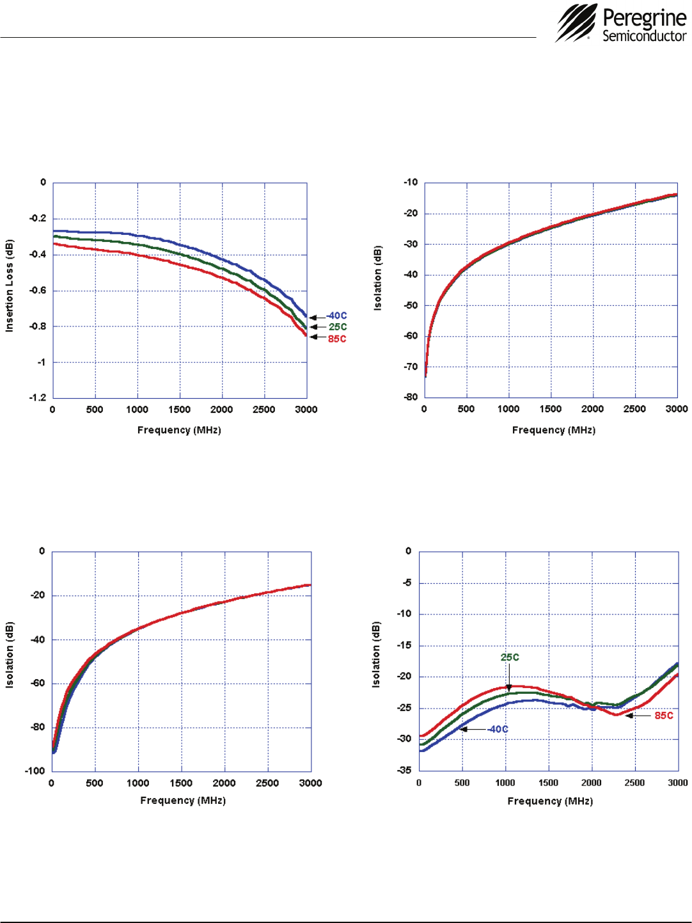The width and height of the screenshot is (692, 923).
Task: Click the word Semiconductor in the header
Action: [644, 36]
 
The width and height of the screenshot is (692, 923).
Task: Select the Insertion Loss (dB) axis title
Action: [10, 286]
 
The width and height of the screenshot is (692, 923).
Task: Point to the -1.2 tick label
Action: [38, 397]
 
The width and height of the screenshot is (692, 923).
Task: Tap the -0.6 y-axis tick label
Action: [38, 291]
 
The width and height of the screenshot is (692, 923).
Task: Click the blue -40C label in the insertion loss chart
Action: [336, 316]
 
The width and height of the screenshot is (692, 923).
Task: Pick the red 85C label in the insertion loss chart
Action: [337, 339]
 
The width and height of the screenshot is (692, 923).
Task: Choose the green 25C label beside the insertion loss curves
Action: [338, 327]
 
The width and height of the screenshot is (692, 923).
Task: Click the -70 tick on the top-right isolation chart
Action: [410, 367]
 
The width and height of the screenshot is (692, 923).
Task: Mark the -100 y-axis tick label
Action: [35, 771]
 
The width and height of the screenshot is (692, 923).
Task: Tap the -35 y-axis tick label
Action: [404, 770]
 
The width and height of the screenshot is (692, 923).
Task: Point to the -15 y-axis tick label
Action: [404, 645]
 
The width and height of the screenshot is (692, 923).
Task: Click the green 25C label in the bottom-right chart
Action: [510, 657]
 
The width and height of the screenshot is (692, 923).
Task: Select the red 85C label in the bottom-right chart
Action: [664, 716]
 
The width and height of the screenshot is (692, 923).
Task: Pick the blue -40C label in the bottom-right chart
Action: [498, 730]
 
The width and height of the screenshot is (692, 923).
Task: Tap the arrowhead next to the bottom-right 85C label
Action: [629, 716]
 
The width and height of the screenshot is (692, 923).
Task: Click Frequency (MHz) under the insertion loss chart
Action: [179, 430]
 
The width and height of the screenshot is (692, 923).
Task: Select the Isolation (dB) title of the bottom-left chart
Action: [10, 655]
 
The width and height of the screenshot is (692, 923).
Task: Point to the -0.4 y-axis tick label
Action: [38, 255]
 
